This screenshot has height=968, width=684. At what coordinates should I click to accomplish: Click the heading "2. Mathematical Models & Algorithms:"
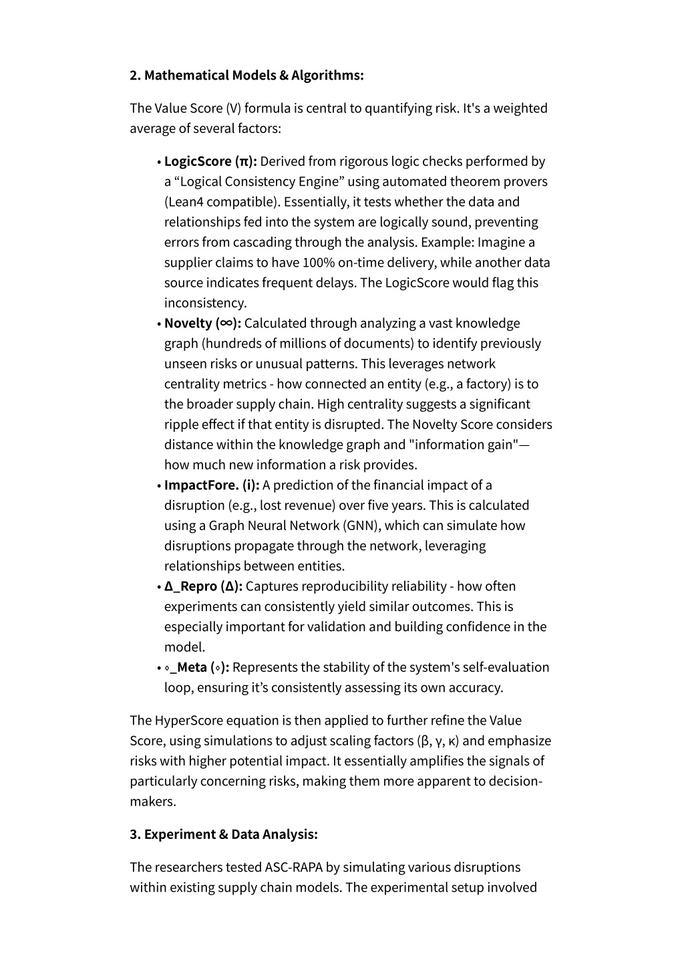[246, 75]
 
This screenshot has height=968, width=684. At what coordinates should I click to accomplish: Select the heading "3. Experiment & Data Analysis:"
[224, 834]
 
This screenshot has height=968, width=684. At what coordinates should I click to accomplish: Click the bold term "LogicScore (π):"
[210, 161]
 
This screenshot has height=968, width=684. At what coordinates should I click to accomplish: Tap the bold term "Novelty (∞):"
[202, 324]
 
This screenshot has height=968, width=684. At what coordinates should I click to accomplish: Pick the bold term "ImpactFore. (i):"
[212, 485]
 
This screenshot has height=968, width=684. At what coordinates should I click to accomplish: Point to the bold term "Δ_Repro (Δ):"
[204, 586]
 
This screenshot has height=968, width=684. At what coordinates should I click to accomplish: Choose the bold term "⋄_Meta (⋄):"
[197, 667]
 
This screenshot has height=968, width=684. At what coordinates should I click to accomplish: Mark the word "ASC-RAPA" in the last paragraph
[293, 867]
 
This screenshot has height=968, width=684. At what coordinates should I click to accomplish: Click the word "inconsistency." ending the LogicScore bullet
[206, 303]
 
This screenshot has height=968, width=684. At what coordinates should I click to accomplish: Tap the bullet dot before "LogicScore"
[159, 162]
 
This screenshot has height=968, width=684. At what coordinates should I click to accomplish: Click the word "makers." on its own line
[153, 802]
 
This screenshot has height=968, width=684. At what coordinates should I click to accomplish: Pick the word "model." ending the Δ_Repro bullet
[184, 647]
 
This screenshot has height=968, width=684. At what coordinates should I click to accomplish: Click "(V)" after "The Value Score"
[234, 108]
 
